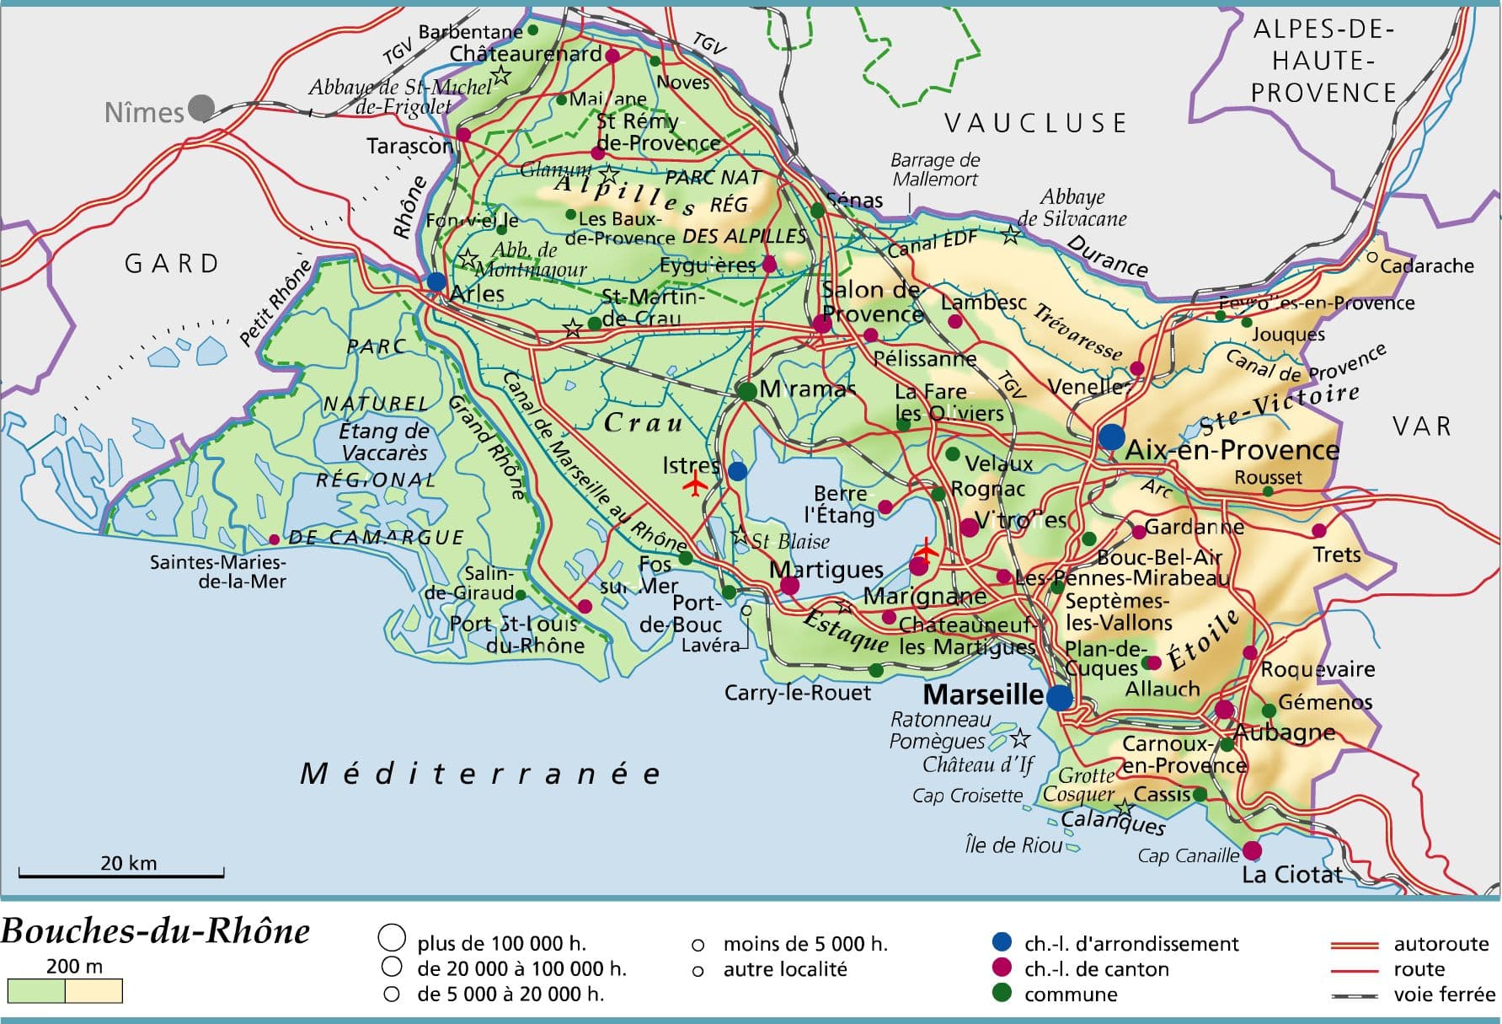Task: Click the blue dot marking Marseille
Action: pyautogui.click(x=1059, y=697)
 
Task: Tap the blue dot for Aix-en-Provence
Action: pyautogui.click(x=1111, y=437)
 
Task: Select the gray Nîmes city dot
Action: pyautogui.click(x=200, y=108)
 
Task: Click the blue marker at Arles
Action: pyautogui.click(x=436, y=281)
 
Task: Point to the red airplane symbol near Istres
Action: pyautogui.click(x=695, y=485)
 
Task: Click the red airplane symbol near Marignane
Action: pyautogui.click(x=926, y=550)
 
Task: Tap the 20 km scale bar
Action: pyautogui.click(x=121, y=874)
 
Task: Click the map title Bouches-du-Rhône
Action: pyautogui.click(x=156, y=931)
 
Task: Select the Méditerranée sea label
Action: pyautogui.click(x=480, y=774)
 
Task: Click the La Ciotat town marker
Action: pyautogui.click(x=1252, y=850)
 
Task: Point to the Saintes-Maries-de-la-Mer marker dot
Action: pyautogui.click(x=274, y=539)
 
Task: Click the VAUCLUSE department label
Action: pyautogui.click(x=1035, y=124)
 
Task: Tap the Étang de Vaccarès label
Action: pyautogui.click(x=384, y=442)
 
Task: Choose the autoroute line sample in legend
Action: pyautogui.click(x=1354, y=945)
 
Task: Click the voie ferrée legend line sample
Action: pyautogui.click(x=1354, y=995)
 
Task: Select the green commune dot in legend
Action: pyautogui.click(x=1002, y=993)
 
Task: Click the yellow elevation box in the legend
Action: pyautogui.click(x=94, y=991)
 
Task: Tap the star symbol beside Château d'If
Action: pyautogui.click(x=1019, y=739)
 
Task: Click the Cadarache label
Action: pyautogui.click(x=1426, y=266)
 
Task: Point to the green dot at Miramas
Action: pyautogui.click(x=746, y=391)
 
